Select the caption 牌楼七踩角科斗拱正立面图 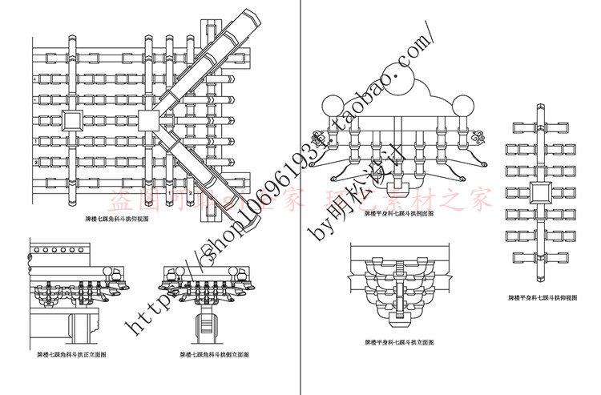67,353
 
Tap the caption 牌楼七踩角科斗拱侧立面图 212,353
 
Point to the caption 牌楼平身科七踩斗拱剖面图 398,215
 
